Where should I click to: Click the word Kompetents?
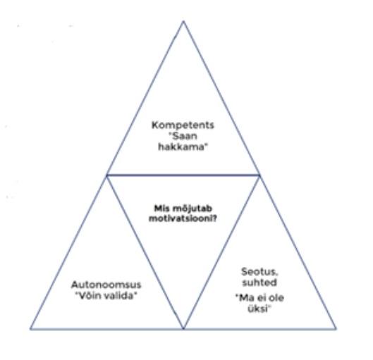point(183,125)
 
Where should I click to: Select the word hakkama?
point(181,147)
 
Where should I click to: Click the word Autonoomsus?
point(106,285)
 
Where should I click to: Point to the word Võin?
point(89,296)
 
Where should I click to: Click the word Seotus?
point(259,272)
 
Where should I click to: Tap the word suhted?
point(259,283)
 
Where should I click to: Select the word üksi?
point(257,309)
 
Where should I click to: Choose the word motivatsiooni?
point(183,218)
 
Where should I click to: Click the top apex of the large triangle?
point(183,21)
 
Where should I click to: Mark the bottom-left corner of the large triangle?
point(30,329)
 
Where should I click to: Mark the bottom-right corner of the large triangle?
point(336,329)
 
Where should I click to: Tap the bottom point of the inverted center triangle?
point(183,328)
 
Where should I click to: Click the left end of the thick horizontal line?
point(106,175)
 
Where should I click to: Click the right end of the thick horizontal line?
point(259,175)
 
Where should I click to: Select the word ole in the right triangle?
point(276,298)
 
